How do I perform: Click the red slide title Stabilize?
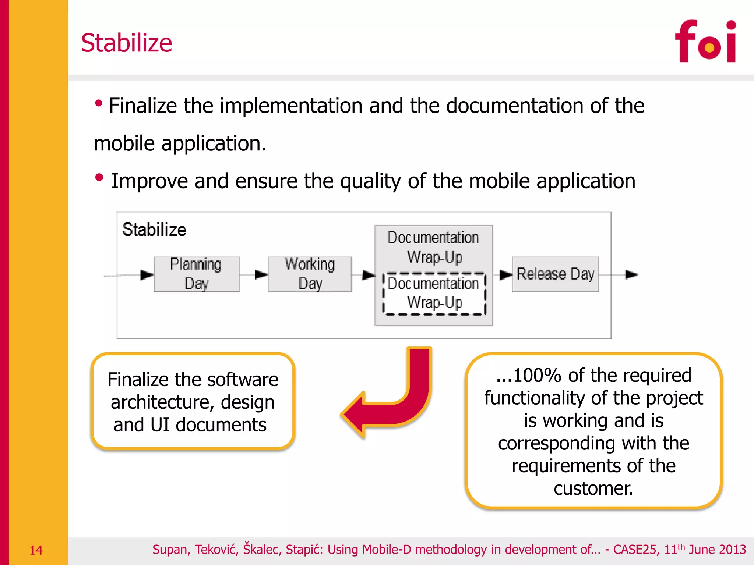pyautogui.click(x=126, y=43)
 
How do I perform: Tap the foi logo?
pyautogui.click(x=705, y=42)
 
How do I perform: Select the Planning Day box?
pyautogui.click(x=197, y=274)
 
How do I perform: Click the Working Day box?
pyautogui.click(x=310, y=274)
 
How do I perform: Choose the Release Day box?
pyautogui.click(x=555, y=274)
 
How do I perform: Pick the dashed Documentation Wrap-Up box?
pyautogui.click(x=434, y=294)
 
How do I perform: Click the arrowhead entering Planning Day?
pyautogui.click(x=147, y=275)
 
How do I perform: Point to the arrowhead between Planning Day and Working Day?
pyautogui.click(x=261, y=274)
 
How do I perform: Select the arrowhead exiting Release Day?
pyautogui.click(x=631, y=274)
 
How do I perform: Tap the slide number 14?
pyautogui.click(x=36, y=550)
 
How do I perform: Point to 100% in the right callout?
pyautogui.click(x=537, y=376)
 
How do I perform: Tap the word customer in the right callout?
pyautogui.click(x=593, y=489)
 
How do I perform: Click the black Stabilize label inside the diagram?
pyautogui.click(x=154, y=230)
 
